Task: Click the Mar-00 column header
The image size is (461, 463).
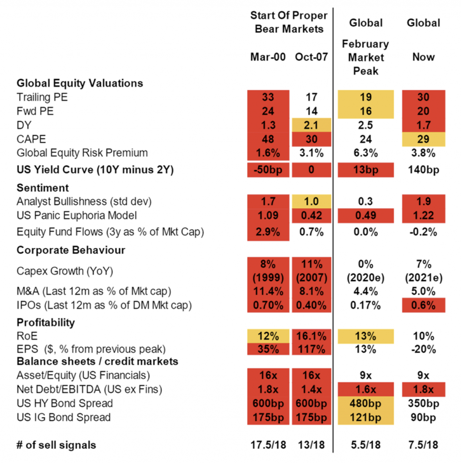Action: click(268, 57)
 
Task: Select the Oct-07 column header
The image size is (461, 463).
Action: click(312, 57)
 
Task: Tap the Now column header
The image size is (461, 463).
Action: click(424, 57)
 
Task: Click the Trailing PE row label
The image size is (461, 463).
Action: click(42, 97)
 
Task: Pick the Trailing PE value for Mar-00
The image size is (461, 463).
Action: click(268, 97)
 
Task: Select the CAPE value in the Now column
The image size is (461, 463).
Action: click(424, 139)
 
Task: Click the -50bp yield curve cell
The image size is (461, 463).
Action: click(268, 170)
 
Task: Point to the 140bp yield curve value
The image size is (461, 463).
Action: click(424, 170)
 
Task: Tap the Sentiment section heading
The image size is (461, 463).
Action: click(43, 188)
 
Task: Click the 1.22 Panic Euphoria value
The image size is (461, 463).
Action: click(424, 216)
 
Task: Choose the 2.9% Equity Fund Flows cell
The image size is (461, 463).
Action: click(268, 232)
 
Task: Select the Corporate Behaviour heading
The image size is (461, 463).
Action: click(71, 250)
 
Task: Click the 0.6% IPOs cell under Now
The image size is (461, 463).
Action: click(424, 305)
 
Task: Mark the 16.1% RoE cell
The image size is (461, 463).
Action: click(312, 336)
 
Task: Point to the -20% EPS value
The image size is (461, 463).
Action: click(424, 349)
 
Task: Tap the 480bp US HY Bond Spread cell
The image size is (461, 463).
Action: click(366, 403)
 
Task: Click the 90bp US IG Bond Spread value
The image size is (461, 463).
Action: click(424, 417)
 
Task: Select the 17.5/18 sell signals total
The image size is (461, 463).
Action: click(268, 445)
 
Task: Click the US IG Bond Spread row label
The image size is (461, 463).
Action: click(64, 417)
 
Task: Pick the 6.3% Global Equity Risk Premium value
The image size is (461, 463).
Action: click(366, 153)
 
